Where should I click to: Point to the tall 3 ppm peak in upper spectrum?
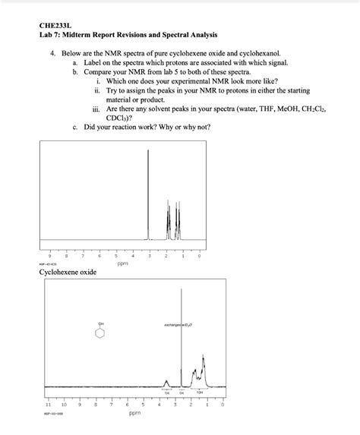point(148,190)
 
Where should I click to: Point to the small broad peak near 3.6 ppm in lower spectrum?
point(166,380)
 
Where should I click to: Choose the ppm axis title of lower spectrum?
point(134,415)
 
